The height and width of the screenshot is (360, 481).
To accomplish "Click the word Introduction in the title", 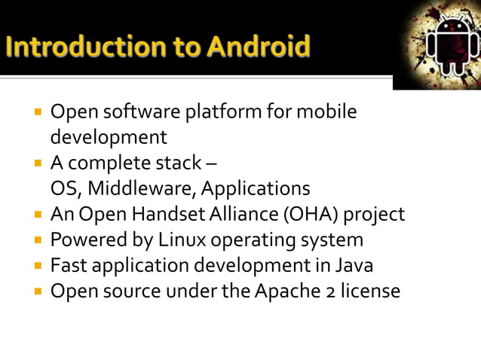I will point(75,47).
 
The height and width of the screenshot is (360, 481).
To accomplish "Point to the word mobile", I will point(326,112).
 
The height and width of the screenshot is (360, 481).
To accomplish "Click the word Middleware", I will point(142,188).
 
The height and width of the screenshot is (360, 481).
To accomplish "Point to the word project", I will point(375,215).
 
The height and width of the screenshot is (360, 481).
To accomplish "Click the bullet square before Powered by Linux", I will point(35,241).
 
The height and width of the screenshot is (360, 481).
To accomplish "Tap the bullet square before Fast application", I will point(35,267).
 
